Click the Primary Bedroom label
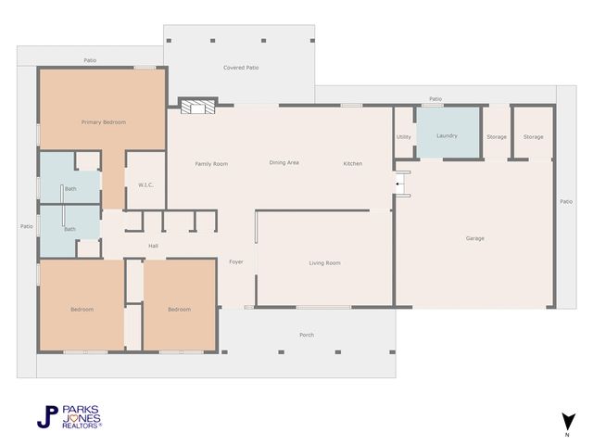103,122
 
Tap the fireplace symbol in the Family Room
196,107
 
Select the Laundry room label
447,136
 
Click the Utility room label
404,136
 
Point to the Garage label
474,238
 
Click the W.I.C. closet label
145,184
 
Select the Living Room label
324,263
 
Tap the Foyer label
236,262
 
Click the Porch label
307,335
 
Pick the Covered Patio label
241,68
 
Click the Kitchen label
353,163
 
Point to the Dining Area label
284,163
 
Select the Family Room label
211,163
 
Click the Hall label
154,246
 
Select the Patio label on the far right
566,201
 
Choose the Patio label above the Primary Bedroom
90,60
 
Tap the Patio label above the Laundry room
435,98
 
